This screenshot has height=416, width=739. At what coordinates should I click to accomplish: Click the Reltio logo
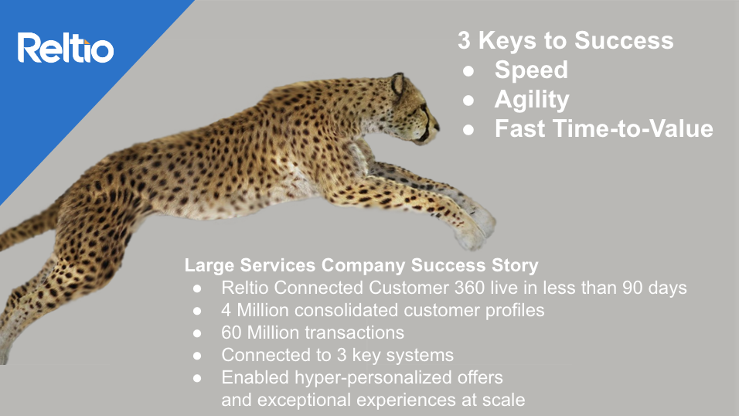66,48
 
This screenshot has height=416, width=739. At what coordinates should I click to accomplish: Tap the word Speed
531,70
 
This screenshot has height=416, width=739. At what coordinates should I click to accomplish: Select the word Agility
532,100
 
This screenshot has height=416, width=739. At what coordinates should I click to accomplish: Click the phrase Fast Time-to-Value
604,128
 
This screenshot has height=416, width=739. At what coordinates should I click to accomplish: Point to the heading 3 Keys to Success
566,40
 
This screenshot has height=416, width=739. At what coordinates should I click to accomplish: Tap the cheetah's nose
437,126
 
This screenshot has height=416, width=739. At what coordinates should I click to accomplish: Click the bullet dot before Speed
468,71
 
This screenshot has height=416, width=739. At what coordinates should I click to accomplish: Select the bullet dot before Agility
468,101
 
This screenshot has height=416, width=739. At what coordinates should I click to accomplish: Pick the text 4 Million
254,310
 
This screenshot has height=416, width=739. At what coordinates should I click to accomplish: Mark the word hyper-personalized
373,378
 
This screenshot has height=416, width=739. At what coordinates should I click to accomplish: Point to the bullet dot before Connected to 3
197,356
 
